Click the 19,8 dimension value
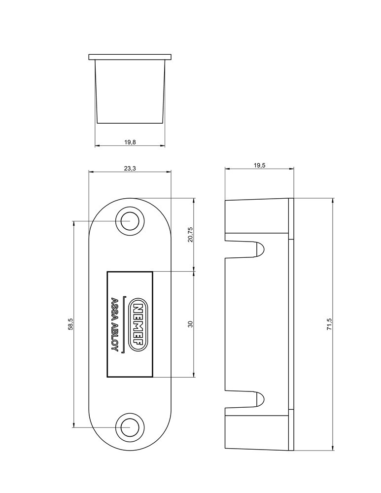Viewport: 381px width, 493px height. coord(130,142)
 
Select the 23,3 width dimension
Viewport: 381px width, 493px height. coord(130,168)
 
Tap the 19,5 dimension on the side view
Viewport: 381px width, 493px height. coord(260,165)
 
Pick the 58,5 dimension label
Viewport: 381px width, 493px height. coord(70,324)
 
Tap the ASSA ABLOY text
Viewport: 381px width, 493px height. coord(114,324)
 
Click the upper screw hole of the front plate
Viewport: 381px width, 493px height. coord(130,221)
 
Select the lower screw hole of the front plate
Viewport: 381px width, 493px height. coord(130,427)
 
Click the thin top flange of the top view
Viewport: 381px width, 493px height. coord(130,57)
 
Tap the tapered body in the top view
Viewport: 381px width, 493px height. coord(130,91)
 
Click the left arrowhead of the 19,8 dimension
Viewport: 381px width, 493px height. coord(97,146)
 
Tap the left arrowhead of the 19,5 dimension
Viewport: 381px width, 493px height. coord(227,169)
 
